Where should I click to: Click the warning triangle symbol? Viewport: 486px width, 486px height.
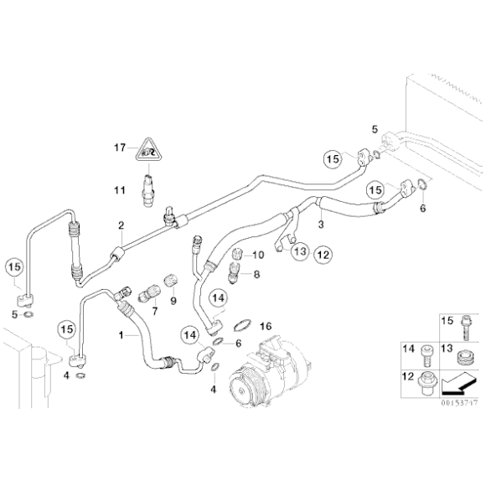pos(150,151)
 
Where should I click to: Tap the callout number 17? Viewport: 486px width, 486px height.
pos(120,148)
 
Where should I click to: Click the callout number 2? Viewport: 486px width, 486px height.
pos(121,225)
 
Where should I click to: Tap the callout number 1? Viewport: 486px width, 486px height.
pos(122,334)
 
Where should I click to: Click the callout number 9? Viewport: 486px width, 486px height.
pos(173,301)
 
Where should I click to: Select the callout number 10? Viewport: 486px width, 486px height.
pos(258,255)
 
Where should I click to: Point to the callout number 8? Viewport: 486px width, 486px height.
pos(256,274)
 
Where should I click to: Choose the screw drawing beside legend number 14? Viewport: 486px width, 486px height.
pos(428,355)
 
